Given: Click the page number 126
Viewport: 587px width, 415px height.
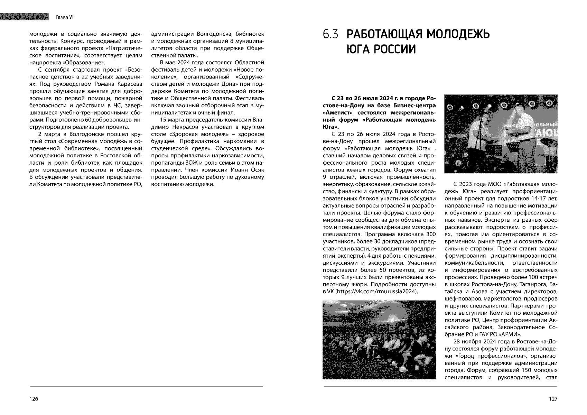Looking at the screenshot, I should (x=34, y=399).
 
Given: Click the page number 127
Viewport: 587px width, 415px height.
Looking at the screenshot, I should (x=553, y=399).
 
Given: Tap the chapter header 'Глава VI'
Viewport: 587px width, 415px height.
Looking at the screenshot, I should (x=65, y=17).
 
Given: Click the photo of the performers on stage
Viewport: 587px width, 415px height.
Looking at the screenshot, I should (x=501, y=134).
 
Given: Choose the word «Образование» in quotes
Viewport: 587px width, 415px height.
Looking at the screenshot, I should (x=88, y=63).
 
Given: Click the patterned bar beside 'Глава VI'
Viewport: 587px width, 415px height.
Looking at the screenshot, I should (x=24, y=17).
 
